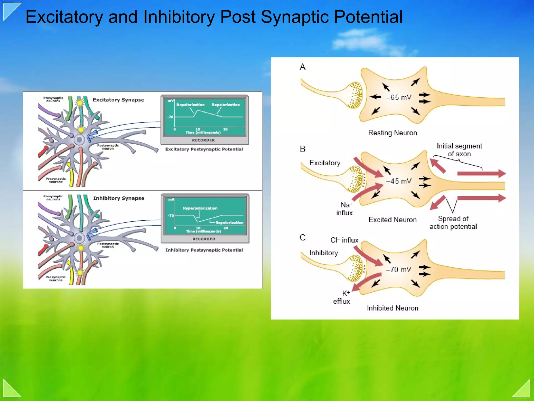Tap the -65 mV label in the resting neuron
tap(398, 98)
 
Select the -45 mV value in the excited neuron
tap(398, 181)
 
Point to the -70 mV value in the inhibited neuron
tap(398, 270)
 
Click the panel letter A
tap(302, 67)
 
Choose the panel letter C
tap(302, 238)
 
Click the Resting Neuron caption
tap(392, 133)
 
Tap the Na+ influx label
tap(345, 209)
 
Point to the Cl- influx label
tap(344, 240)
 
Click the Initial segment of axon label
tap(459, 150)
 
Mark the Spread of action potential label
tap(453, 222)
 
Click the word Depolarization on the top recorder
tap(190, 105)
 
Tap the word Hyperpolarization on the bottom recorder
tap(200, 208)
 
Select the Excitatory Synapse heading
tap(118, 100)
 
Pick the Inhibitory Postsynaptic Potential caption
tap(204, 250)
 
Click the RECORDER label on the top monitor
tap(203, 140)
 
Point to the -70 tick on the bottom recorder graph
tap(171, 216)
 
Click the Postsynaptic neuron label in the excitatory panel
tap(108, 147)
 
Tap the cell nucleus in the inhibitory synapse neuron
tap(79, 238)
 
